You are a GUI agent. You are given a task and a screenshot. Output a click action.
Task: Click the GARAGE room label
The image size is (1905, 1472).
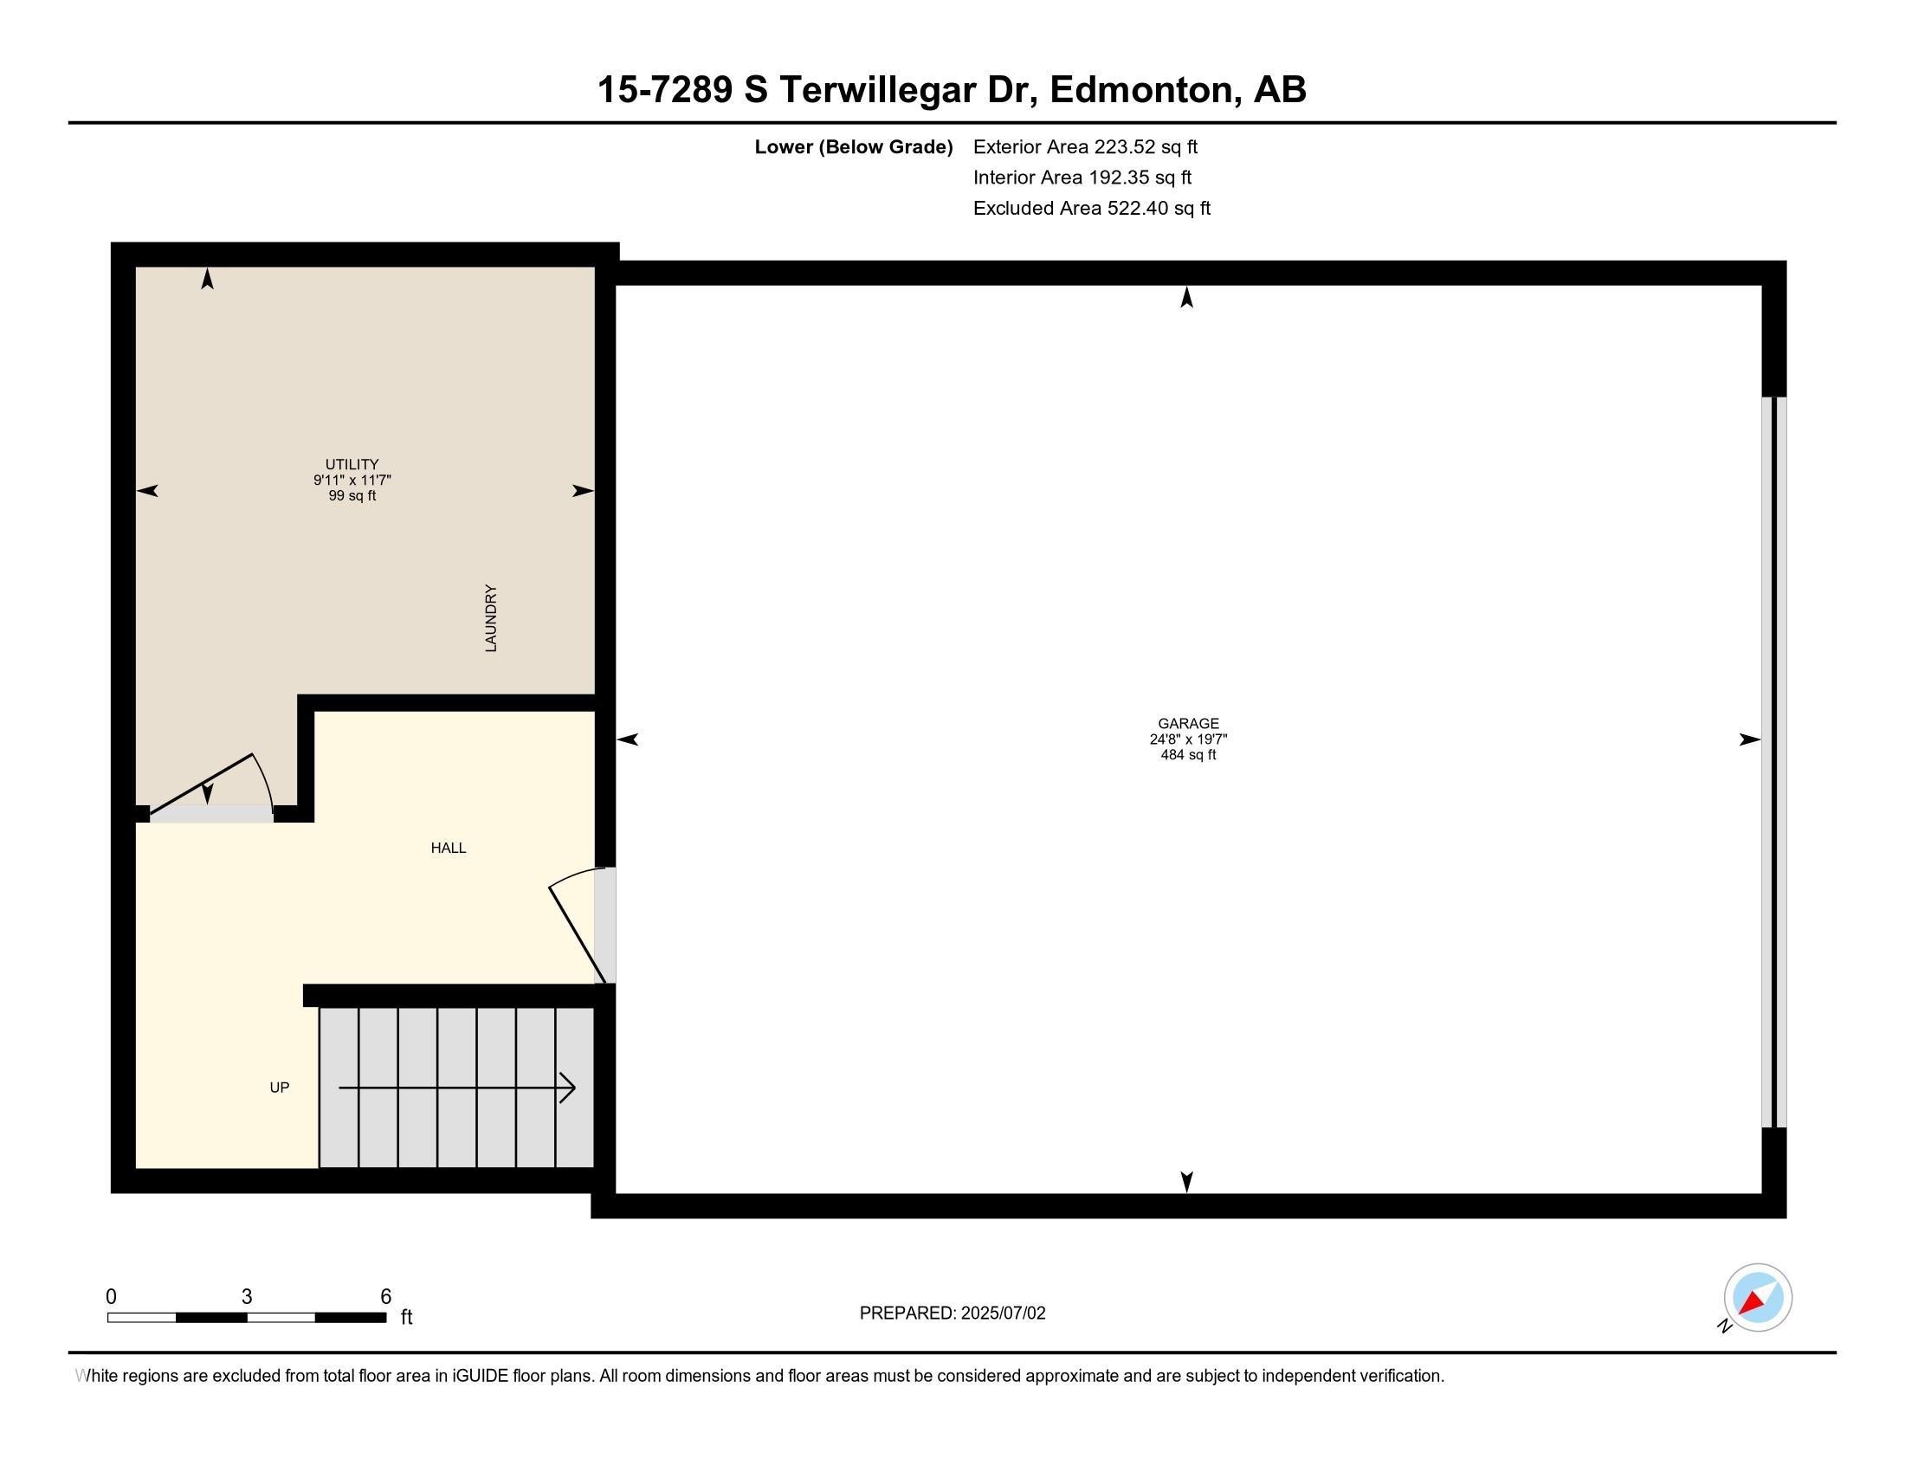click(x=1188, y=723)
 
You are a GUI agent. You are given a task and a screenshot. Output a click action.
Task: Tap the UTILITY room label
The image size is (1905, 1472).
click(x=352, y=464)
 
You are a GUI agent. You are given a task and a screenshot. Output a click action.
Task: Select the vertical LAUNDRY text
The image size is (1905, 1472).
click(x=491, y=618)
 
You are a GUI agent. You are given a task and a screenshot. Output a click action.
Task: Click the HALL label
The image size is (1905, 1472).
click(x=449, y=848)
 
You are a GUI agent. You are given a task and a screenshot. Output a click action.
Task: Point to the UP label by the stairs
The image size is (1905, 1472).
click(x=279, y=1088)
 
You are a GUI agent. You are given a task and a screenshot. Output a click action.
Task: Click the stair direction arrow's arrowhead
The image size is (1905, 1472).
click(x=568, y=1088)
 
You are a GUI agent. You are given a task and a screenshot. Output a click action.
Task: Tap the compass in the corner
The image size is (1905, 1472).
click(x=1757, y=1298)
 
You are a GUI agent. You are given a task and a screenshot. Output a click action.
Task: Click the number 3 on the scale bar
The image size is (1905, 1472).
click(x=247, y=1297)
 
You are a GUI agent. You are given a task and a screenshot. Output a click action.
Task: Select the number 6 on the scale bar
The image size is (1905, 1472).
click(x=385, y=1297)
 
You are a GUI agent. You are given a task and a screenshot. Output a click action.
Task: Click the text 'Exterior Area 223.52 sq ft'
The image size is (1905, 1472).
click(x=1085, y=146)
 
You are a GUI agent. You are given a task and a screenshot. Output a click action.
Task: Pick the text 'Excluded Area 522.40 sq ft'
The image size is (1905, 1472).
click(x=1091, y=209)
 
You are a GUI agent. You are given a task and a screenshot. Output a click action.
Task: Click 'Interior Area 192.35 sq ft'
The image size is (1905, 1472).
click(x=1082, y=178)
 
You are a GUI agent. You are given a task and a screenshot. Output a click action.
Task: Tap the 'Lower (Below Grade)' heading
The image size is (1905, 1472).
click(x=853, y=146)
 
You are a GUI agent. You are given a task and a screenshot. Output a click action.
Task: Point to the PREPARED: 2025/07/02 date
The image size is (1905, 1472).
click(x=952, y=1314)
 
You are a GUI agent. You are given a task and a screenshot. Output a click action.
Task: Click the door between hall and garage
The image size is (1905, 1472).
click(x=604, y=926)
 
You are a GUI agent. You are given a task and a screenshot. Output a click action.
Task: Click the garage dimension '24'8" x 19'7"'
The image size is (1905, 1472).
click(x=1188, y=739)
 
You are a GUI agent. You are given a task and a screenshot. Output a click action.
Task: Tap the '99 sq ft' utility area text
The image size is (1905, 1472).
click(x=352, y=496)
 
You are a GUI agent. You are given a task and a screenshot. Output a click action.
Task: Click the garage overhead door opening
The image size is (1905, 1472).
click(x=1773, y=762)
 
